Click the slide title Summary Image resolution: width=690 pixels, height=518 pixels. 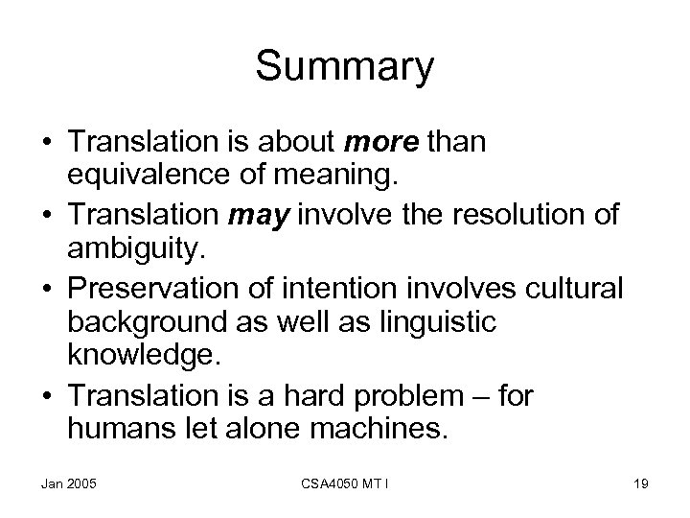click(345, 67)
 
